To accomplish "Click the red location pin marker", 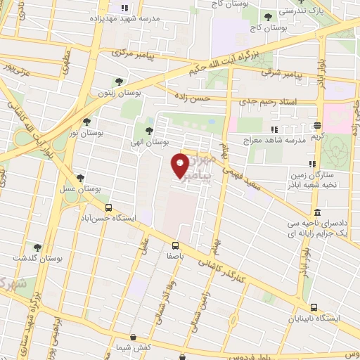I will pyautogui.click(x=180, y=166).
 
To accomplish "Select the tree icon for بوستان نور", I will pyautogui.click(x=87, y=122).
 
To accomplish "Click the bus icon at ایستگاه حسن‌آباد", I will pyautogui.click(x=109, y=207).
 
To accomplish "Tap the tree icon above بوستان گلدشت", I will pyautogui.click(x=37, y=247).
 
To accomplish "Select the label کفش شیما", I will pyautogui.click(x=134, y=348).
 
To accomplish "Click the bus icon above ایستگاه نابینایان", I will pyautogui.click(x=314, y=307).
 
